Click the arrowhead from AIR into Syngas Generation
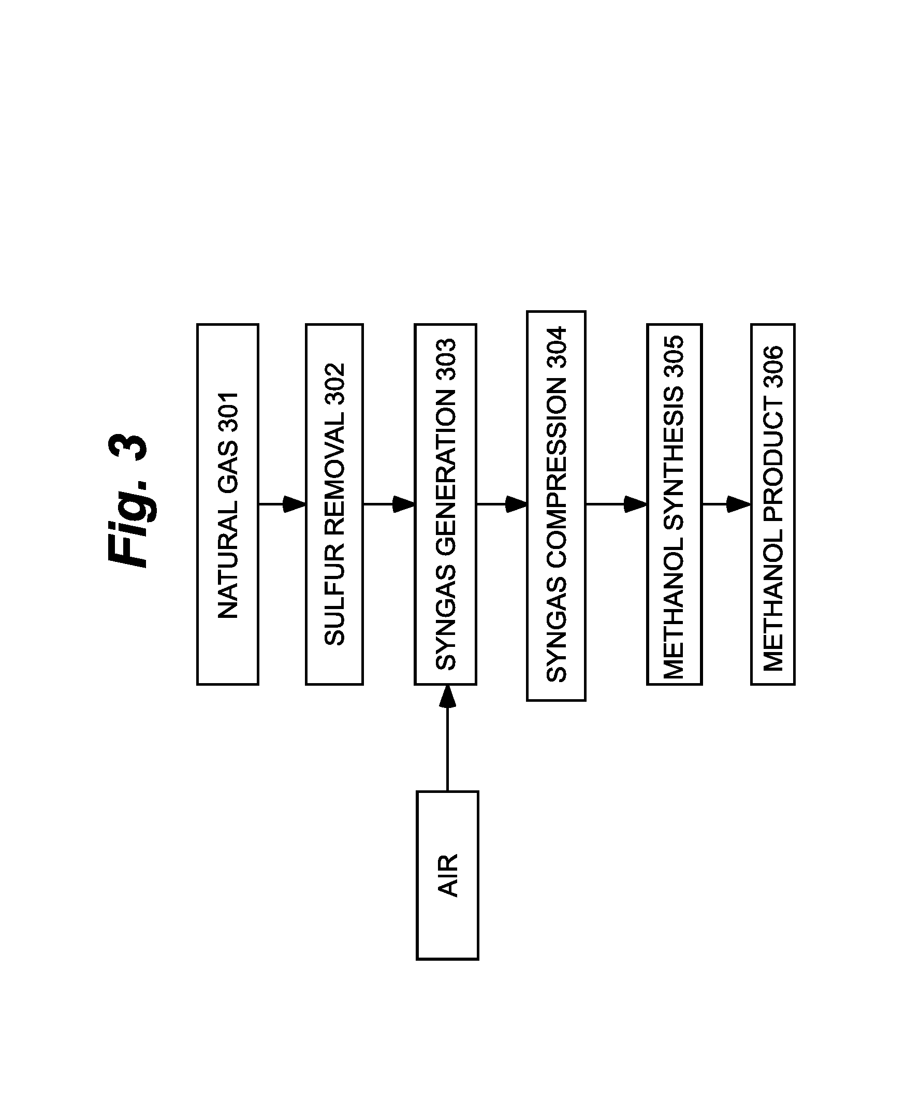click(x=448, y=696)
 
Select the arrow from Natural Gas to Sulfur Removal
click(x=283, y=504)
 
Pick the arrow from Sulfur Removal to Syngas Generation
click(x=389, y=504)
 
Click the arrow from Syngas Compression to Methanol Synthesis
click(x=617, y=504)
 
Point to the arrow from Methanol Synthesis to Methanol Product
click(x=726, y=504)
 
